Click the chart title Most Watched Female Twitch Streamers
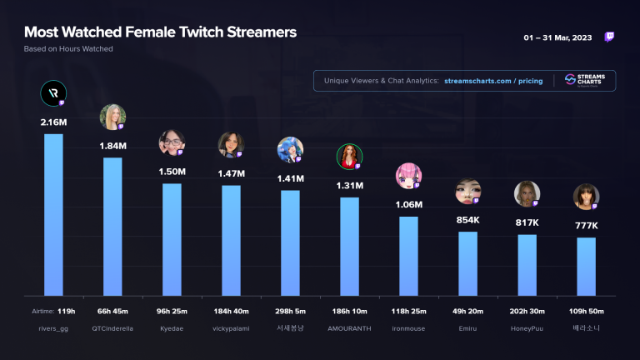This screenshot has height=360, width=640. click(x=160, y=32)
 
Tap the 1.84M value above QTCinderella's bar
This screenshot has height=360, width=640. click(x=112, y=146)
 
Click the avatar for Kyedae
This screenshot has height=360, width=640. click(x=172, y=143)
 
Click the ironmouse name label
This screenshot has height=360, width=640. click(x=408, y=327)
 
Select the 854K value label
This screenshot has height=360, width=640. click(x=467, y=220)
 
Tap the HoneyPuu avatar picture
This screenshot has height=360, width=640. click(x=527, y=194)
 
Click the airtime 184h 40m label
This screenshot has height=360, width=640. click(x=231, y=312)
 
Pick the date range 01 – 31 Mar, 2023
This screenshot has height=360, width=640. click(x=557, y=38)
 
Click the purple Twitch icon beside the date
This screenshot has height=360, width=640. click(x=609, y=37)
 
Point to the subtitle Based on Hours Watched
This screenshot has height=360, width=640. click(x=68, y=49)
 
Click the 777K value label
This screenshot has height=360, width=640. click(x=586, y=226)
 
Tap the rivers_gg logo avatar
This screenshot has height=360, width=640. click(x=53, y=94)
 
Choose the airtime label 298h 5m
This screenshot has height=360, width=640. click(x=290, y=312)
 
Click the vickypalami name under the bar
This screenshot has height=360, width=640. click(x=231, y=327)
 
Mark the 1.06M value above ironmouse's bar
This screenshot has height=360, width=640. click(x=408, y=205)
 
